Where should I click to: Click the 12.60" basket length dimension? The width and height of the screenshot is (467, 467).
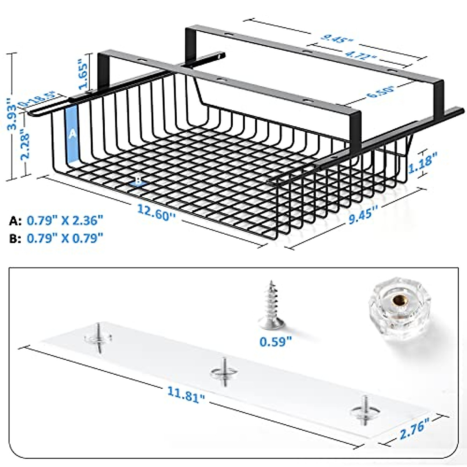155,212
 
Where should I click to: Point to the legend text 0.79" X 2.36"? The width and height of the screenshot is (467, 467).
65,221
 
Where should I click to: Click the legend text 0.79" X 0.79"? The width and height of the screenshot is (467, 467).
65,238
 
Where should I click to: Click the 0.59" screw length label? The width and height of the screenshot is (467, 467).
276,342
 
